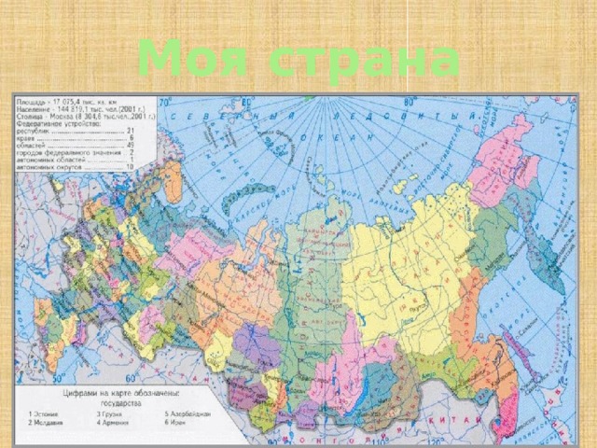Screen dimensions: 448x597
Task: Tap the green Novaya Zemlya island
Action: pos(250,194)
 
